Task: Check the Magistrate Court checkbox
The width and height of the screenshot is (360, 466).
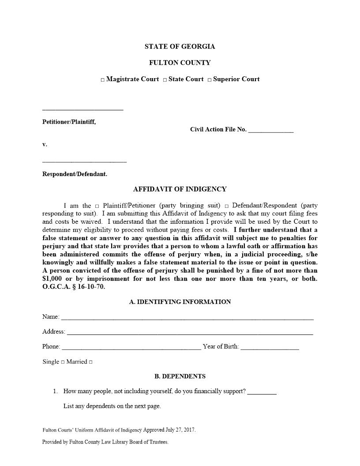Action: (102, 80)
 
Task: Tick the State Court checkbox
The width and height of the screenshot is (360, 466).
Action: (165, 80)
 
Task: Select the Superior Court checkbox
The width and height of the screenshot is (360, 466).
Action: (210, 80)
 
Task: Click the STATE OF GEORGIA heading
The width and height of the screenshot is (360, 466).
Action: (180, 46)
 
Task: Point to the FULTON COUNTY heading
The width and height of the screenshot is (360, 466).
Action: (180, 63)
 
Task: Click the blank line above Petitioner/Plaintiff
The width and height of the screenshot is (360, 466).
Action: (82, 109)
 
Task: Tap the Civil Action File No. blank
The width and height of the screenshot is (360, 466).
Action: (270, 131)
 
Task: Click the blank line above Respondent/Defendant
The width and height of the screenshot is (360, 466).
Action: (84, 162)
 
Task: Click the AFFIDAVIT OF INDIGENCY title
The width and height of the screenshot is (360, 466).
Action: (180, 189)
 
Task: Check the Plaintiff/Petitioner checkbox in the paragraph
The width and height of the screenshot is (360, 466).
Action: (97, 206)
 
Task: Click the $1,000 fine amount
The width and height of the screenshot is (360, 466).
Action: (52, 278)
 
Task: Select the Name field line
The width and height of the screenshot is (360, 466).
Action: (187, 318)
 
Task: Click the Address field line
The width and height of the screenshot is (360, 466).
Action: (190, 333)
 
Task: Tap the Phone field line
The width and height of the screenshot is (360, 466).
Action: (131, 348)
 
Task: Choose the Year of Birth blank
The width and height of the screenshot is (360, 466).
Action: (270, 348)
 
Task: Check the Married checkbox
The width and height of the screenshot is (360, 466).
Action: (90, 362)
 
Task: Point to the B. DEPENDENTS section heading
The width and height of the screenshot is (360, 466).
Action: (180, 376)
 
